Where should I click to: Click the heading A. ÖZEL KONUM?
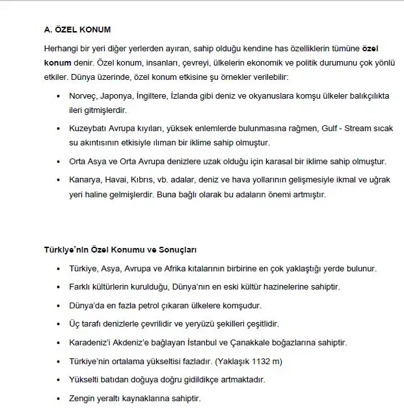pyautogui.click(x=77, y=29)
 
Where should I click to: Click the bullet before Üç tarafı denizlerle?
pyautogui.click(x=60, y=324)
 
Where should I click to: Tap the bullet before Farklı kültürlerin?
pyautogui.click(x=60, y=287)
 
